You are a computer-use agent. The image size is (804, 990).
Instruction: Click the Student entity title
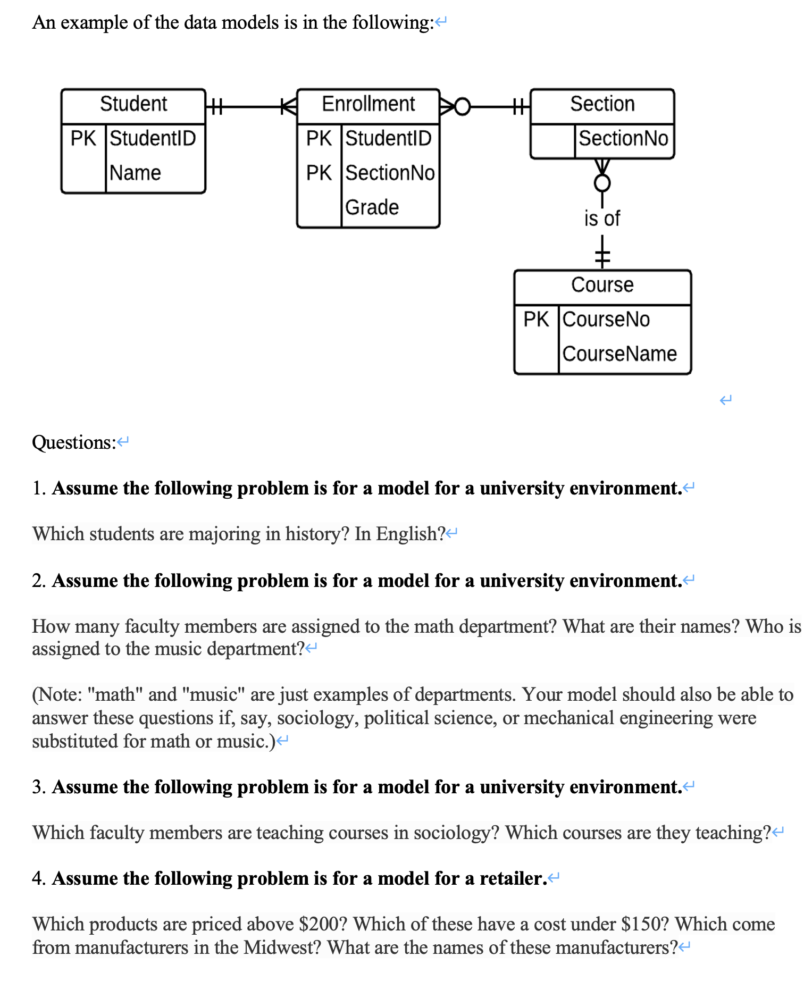(x=133, y=104)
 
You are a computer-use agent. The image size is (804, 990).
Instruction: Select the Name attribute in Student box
(x=135, y=173)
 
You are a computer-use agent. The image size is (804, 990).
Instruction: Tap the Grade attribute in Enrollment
(x=372, y=207)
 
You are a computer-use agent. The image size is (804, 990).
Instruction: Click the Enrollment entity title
(x=368, y=104)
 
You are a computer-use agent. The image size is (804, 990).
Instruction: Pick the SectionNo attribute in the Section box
(x=623, y=138)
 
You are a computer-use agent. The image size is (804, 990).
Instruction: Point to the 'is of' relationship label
(x=602, y=219)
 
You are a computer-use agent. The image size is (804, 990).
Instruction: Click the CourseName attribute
(x=619, y=354)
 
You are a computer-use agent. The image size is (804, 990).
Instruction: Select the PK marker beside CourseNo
(x=536, y=320)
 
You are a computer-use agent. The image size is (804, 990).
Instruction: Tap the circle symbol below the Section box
(x=602, y=183)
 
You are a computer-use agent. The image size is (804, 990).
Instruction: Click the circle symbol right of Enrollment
(x=463, y=107)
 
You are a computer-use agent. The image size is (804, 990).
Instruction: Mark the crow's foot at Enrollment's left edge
(x=289, y=107)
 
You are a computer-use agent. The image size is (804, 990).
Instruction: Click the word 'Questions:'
(x=74, y=442)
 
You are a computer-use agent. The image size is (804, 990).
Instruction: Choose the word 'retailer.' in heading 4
(x=513, y=878)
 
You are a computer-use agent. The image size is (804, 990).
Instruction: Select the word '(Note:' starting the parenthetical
(x=57, y=694)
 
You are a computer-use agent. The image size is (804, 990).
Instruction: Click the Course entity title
(x=602, y=285)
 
